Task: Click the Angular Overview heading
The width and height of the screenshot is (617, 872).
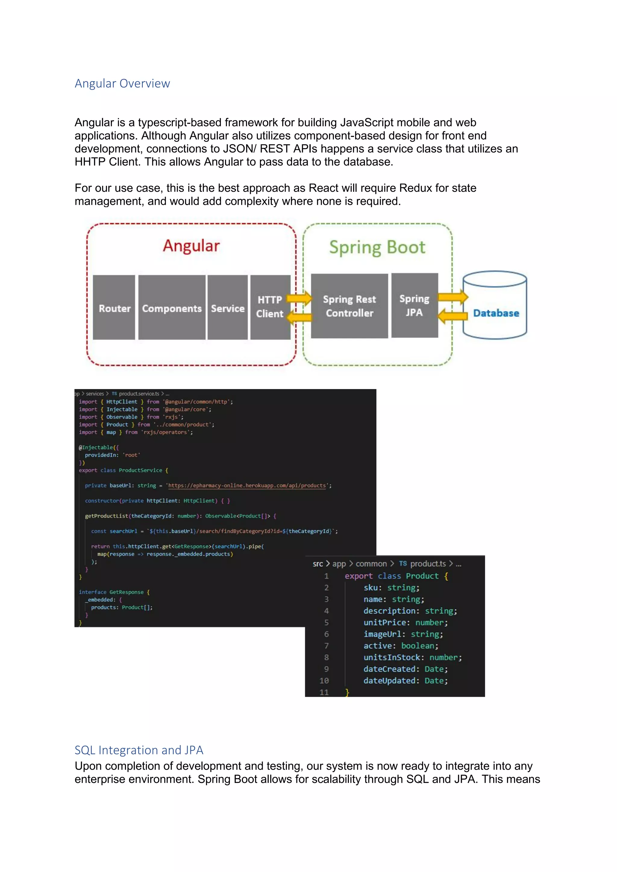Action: tap(122, 83)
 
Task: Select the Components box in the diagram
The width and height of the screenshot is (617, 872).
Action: tap(172, 308)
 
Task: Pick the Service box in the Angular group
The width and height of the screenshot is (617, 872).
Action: tap(227, 308)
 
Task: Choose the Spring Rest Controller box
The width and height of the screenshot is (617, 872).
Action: tap(349, 306)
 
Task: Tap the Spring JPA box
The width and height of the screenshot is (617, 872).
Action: tap(415, 305)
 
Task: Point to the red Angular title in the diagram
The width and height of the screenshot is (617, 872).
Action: tap(191, 246)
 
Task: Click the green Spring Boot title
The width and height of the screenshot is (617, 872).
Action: tap(377, 248)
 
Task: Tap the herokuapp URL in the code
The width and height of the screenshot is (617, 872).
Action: tap(247, 486)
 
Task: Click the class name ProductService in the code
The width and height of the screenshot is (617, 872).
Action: tap(140, 471)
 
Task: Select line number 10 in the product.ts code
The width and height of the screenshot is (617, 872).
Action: tap(324, 680)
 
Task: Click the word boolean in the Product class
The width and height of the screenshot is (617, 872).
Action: tap(418, 646)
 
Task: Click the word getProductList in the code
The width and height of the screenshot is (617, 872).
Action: tap(107, 516)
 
